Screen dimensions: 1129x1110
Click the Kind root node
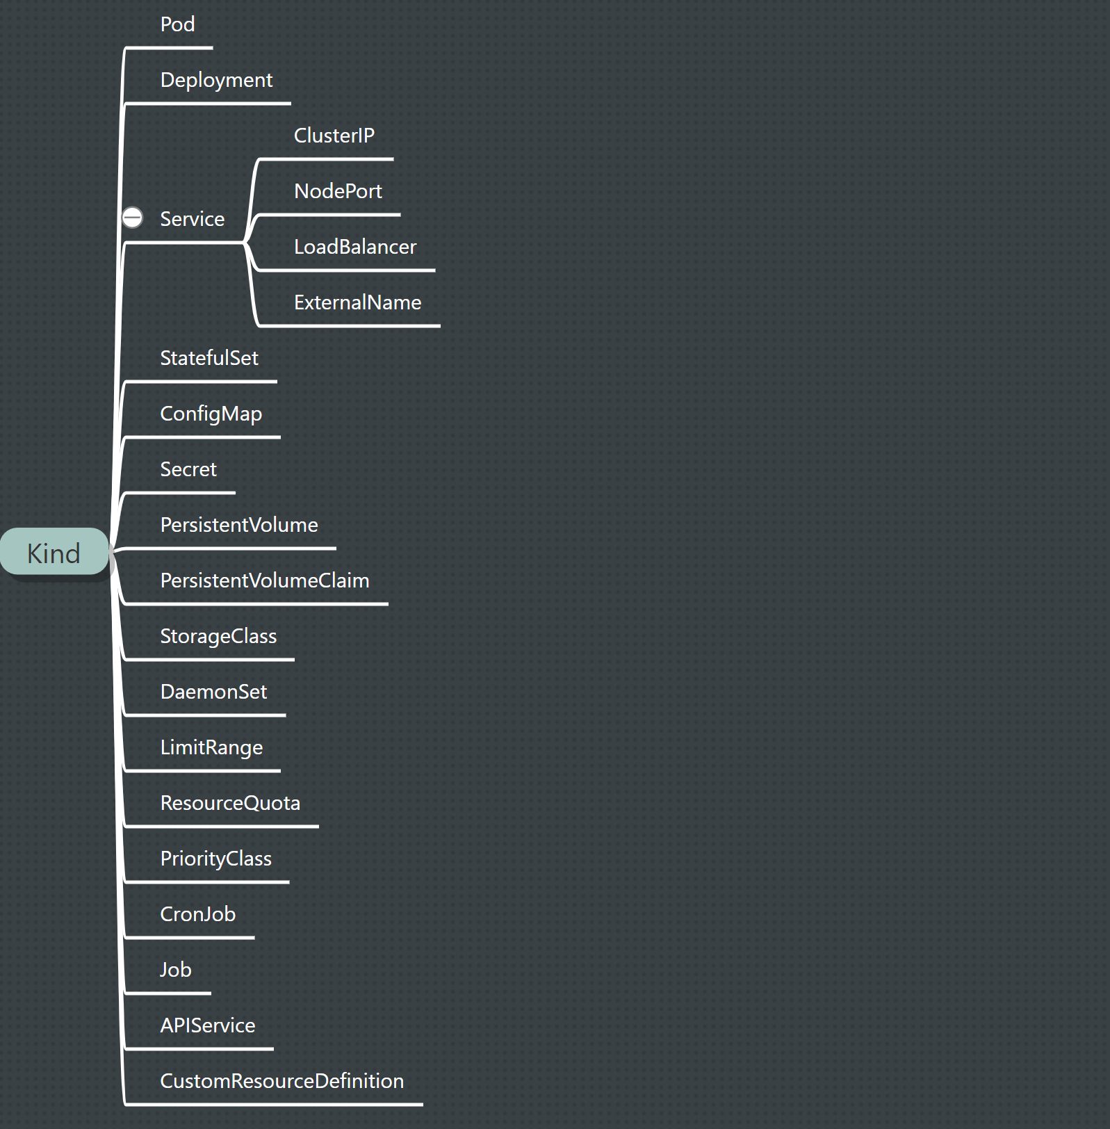click(54, 553)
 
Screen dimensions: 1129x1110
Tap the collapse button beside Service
click(132, 218)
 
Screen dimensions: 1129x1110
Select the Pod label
click(177, 24)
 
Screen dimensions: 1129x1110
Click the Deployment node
click(216, 80)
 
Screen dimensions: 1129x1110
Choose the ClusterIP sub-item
click(334, 136)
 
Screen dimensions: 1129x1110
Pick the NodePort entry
click(338, 191)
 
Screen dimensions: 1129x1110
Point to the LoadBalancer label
click(354, 247)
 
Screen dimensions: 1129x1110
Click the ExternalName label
click(357, 302)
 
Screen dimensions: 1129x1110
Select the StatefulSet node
click(209, 358)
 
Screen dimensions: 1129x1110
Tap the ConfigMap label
click(211, 414)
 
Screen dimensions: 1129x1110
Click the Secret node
click(188, 469)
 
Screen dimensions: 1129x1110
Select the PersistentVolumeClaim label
click(264, 580)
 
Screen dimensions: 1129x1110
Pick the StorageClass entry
click(218, 636)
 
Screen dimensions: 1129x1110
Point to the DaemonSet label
click(213, 692)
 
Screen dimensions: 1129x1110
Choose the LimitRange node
click(211, 747)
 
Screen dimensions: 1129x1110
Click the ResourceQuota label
click(230, 803)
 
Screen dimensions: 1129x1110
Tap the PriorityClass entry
click(215, 859)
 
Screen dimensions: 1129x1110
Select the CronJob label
click(197, 914)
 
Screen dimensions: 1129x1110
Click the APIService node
click(207, 1025)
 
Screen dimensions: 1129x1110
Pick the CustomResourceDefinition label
click(281, 1081)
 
